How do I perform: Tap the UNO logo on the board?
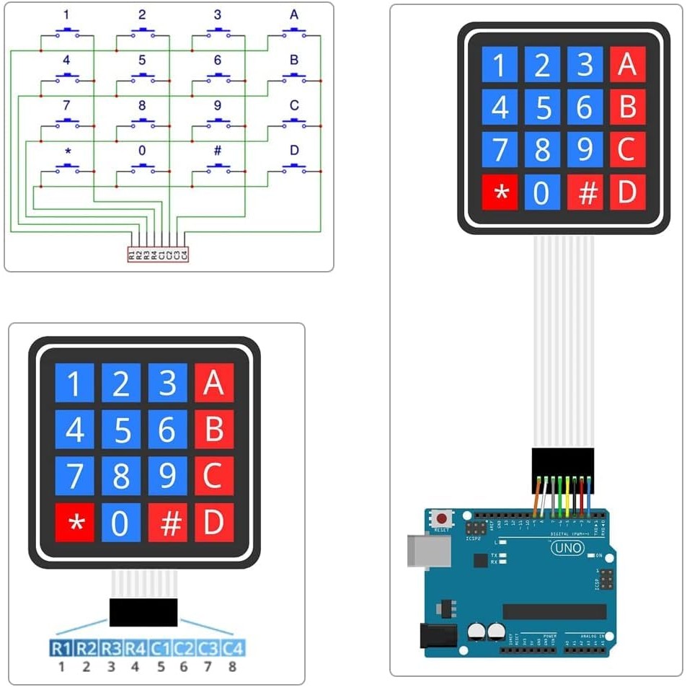coord(567,549)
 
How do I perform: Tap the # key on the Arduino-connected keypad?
coord(585,193)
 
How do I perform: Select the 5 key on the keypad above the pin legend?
coord(121,430)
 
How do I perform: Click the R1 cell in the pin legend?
coord(61,648)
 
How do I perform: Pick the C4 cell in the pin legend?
coord(232,648)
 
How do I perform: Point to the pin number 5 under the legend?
coord(160,666)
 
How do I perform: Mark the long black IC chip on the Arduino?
coord(554,611)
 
